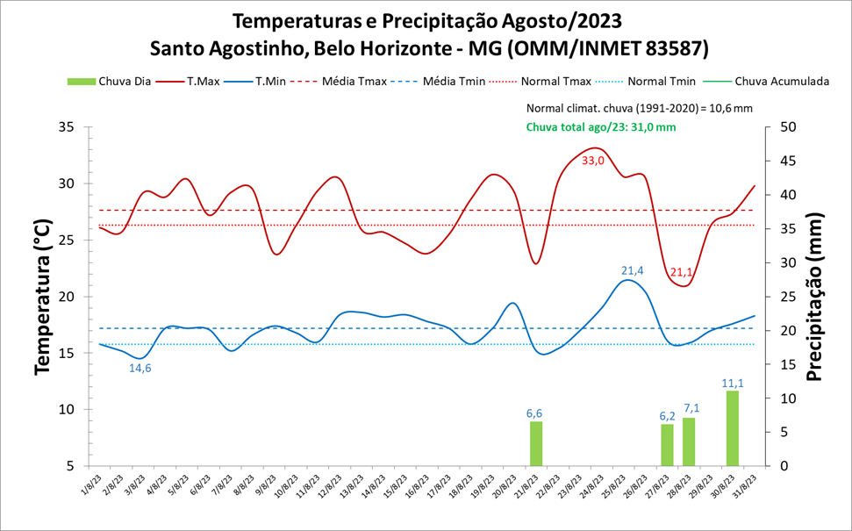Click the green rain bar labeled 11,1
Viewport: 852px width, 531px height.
click(x=732, y=428)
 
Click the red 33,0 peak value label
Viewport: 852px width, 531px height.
click(x=593, y=161)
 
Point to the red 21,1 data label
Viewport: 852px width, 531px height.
click(x=681, y=272)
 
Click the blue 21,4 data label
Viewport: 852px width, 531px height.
click(x=633, y=270)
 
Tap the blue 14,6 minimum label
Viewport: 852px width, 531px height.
click(x=140, y=368)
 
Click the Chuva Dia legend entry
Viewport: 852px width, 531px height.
click(x=111, y=82)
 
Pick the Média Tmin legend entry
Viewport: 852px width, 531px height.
click(x=440, y=82)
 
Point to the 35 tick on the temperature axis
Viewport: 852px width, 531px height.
click(x=66, y=127)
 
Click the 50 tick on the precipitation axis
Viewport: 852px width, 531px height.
click(x=788, y=127)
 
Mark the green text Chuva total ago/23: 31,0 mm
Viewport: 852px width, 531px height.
click(x=601, y=127)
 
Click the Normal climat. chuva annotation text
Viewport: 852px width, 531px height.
click(x=640, y=109)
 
